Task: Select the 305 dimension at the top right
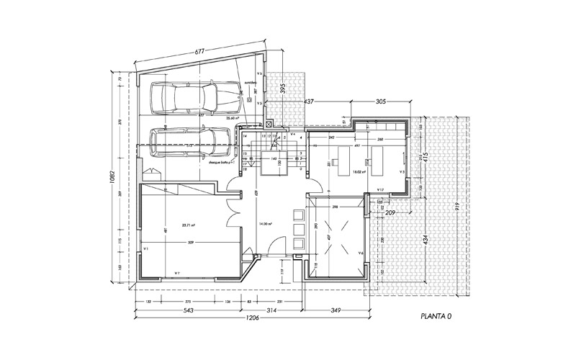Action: coord(383,102)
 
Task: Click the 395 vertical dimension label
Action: coord(283,89)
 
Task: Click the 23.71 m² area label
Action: coord(169,224)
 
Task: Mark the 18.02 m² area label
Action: coord(359,172)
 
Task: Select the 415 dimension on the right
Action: coord(425,158)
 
